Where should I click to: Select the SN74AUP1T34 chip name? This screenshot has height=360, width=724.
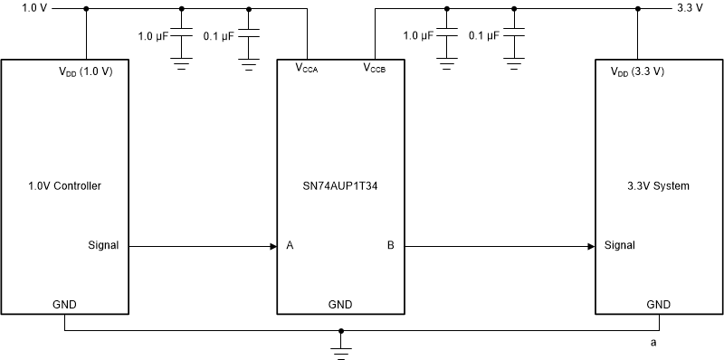[x=339, y=186]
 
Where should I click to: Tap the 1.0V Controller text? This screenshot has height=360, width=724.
[x=64, y=186]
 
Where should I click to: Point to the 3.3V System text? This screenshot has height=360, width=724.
[x=658, y=186]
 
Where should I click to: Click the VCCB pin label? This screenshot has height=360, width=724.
[x=374, y=68]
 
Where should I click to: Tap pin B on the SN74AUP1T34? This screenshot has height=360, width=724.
[x=390, y=245]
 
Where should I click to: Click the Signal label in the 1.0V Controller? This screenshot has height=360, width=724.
[x=103, y=245]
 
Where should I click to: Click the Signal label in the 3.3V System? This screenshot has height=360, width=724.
[x=619, y=245]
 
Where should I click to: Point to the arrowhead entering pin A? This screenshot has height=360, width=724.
[x=272, y=245]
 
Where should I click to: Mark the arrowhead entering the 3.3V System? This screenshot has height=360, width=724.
[x=590, y=245]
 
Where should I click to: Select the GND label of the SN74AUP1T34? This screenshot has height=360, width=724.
[x=339, y=305]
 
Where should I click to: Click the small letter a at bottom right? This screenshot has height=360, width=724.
[x=653, y=344]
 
